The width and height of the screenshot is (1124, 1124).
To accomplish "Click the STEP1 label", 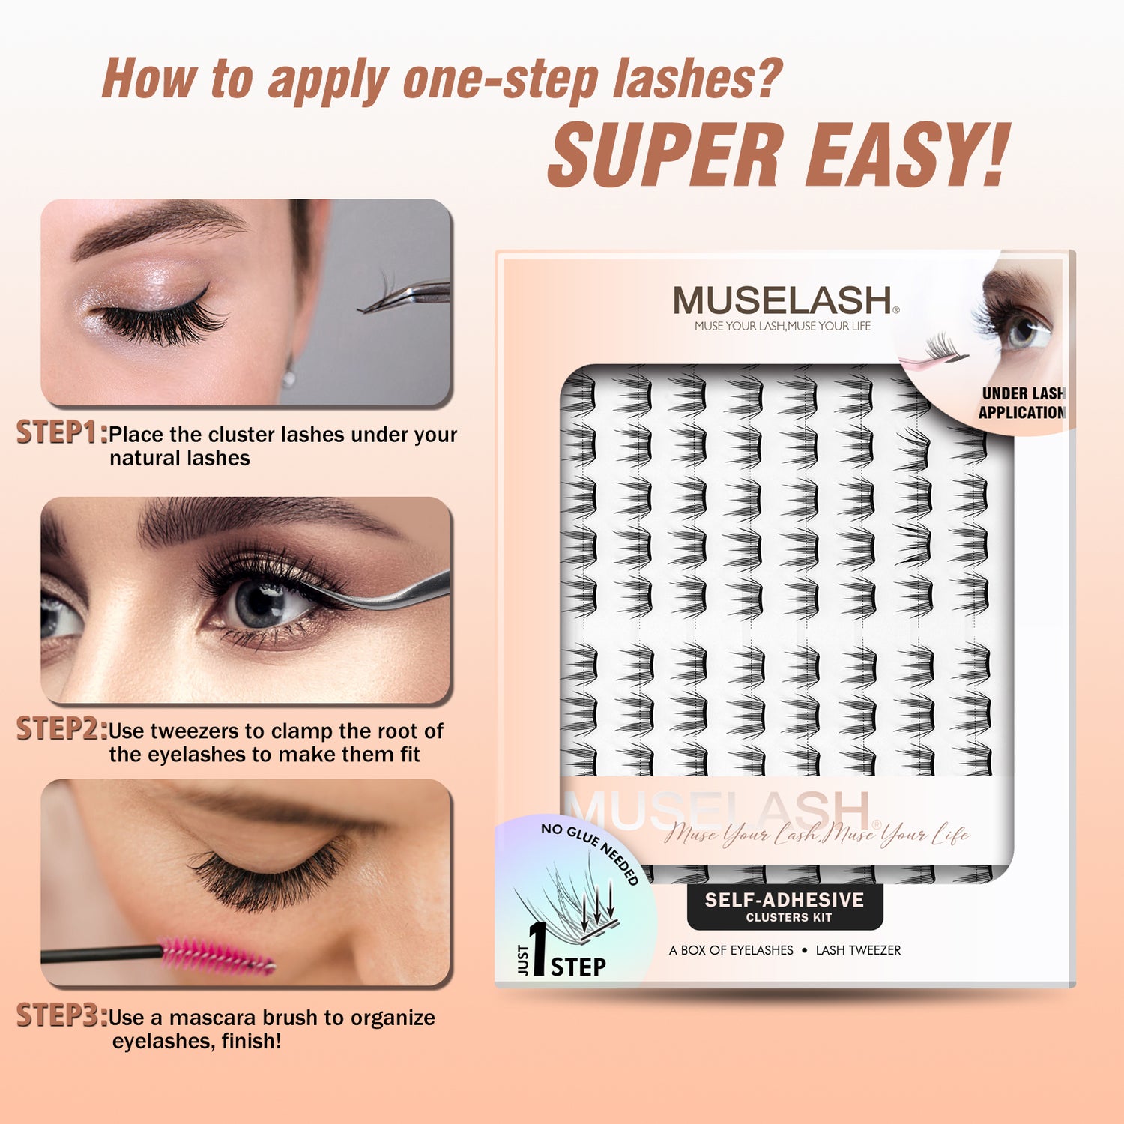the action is (x=62, y=432).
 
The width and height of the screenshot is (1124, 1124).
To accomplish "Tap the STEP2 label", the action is (x=62, y=728).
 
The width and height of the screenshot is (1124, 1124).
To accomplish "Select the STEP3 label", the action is (x=62, y=1015).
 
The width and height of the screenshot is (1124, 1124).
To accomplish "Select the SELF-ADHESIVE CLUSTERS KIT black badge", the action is (x=785, y=907).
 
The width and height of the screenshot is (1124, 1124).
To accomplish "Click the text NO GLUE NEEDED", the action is (x=592, y=850).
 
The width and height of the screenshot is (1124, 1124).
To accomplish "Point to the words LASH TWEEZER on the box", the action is (x=858, y=950).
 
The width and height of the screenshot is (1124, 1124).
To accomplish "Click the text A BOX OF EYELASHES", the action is (x=731, y=950).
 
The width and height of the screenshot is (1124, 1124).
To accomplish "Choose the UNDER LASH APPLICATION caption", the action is (x=1022, y=403).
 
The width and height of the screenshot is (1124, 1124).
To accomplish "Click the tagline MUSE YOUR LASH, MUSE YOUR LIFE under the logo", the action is (x=782, y=326).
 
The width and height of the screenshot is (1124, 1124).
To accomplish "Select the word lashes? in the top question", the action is (x=698, y=78).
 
